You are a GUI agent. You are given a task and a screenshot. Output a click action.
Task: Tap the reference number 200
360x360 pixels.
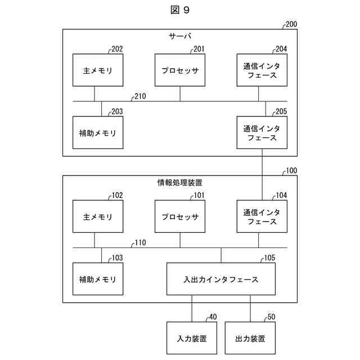pos(291,24)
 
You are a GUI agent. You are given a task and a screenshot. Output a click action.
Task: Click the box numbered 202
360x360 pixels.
pos(98,70)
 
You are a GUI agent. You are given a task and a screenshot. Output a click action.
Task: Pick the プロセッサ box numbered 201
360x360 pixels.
pos(180,70)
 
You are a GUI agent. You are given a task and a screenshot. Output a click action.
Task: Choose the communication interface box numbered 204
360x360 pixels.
pos(262,70)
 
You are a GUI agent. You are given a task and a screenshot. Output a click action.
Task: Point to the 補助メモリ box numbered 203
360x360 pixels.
pos(98,133)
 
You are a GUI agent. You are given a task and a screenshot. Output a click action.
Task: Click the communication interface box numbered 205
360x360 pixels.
pos(262,133)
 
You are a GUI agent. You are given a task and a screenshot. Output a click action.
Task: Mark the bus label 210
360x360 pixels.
pos(140,96)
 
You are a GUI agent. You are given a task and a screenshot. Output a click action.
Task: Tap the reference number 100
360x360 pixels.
pos(291,170)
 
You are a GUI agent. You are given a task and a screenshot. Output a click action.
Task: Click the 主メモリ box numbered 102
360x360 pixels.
pos(98,217)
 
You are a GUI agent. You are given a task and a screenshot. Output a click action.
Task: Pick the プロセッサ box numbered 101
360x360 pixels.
pos(180,217)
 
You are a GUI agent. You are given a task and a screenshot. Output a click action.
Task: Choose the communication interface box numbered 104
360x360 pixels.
pos(262,217)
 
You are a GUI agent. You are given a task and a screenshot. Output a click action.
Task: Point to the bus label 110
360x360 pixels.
pos(140,243)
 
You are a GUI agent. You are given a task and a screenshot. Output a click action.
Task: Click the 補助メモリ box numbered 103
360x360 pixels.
pos(98,279)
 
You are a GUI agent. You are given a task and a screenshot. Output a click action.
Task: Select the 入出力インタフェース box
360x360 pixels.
pos(221,279)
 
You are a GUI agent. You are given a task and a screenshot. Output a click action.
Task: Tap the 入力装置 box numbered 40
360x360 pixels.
pos(192,338)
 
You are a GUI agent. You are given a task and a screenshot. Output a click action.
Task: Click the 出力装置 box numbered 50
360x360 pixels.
pos(250,338)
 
